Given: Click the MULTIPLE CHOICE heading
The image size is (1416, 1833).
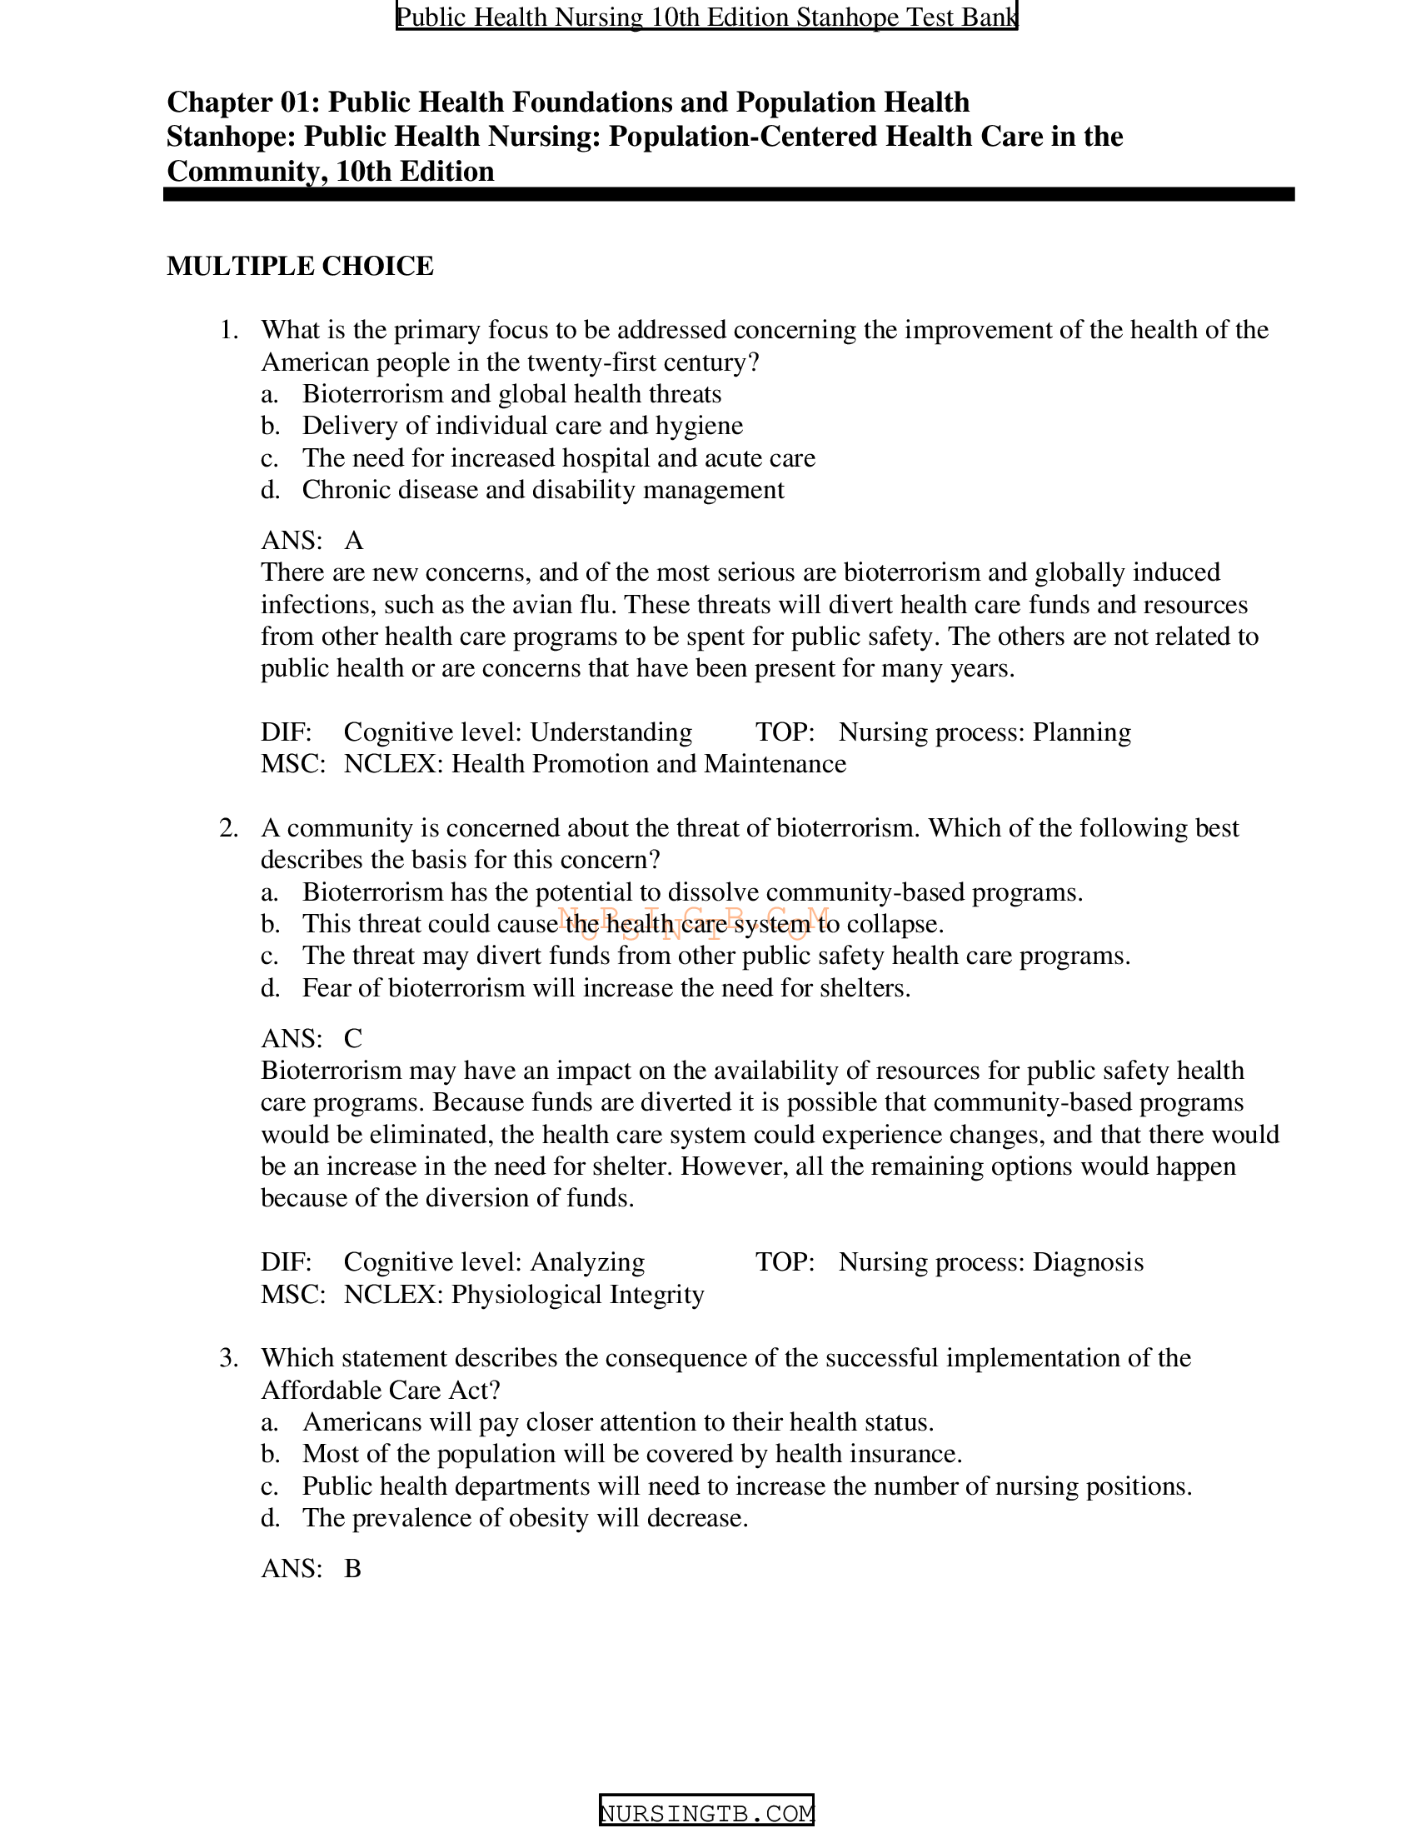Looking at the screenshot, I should click(300, 266).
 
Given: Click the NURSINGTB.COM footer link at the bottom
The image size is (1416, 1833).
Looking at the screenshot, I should click(706, 1813).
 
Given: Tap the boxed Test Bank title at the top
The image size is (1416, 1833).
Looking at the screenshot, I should click(706, 17).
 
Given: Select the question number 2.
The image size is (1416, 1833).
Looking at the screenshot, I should click(228, 827).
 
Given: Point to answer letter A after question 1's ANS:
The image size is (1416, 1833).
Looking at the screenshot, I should click(354, 541).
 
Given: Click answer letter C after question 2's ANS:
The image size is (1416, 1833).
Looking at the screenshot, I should click(353, 1038).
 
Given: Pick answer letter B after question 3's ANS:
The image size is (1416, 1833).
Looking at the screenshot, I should click(352, 1569).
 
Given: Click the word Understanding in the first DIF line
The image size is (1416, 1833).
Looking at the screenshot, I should click(611, 732).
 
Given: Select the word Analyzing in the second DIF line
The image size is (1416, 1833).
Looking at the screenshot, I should click(587, 1262).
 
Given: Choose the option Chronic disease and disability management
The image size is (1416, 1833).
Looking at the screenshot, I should click(543, 490).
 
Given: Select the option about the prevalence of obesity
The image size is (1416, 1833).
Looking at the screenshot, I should click(525, 1518).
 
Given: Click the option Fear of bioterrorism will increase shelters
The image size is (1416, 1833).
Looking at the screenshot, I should click(606, 988).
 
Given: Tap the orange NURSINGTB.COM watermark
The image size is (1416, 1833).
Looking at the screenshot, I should click(693, 921).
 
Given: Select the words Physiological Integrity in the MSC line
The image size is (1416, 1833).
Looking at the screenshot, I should click(577, 1294).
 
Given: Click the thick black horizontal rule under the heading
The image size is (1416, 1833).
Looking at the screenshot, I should click(728, 195).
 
